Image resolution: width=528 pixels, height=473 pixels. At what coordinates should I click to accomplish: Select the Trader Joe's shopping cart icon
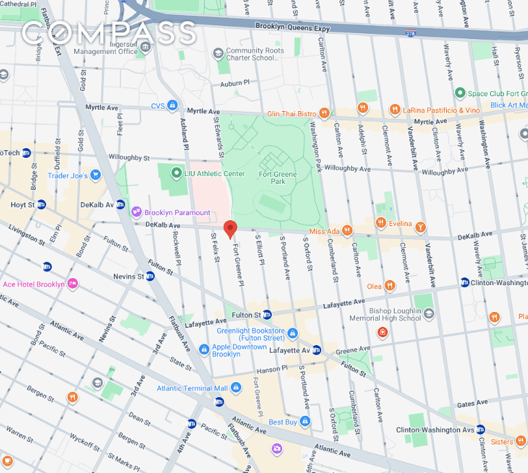(x=95, y=175)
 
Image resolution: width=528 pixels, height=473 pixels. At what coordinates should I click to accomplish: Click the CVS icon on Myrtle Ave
(x=172, y=105)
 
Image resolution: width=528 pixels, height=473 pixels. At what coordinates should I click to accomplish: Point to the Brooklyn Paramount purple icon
(x=137, y=212)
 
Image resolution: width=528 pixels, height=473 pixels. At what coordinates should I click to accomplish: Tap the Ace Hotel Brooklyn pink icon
(x=73, y=284)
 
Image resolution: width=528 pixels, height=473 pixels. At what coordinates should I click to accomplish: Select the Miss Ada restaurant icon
(x=348, y=230)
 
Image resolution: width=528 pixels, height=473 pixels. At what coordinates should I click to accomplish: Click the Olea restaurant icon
(x=389, y=285)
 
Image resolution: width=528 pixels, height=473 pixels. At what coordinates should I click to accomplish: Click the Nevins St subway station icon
(x=150, y=276)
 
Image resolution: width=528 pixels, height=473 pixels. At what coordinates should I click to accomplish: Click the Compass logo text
(x=108, y=32)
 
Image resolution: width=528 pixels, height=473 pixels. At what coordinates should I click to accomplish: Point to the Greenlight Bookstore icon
(x=293, y=334)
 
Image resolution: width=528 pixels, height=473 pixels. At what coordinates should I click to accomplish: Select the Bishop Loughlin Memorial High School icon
(x=429, y=314)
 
